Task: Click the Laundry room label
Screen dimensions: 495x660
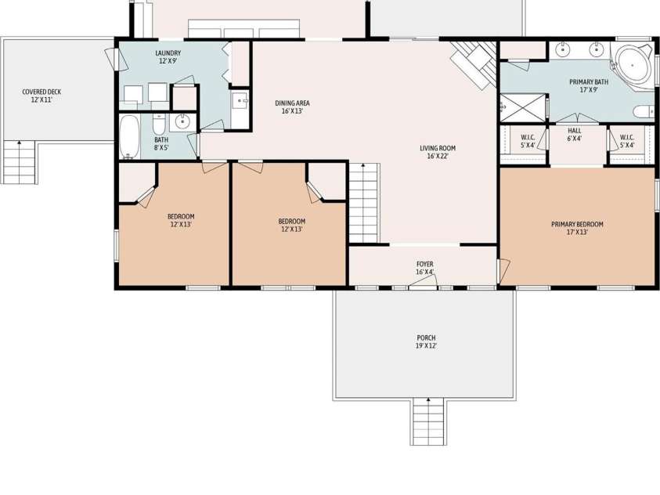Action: click(168, 57)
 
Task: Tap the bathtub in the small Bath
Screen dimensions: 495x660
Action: click(130, 136)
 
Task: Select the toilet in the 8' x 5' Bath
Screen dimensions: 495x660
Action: click(159, 126)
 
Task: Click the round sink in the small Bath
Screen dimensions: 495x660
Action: click(183, 121)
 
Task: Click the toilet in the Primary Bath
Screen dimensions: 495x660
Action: click(644, 111)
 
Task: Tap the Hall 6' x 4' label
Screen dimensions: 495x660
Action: click(574, 135)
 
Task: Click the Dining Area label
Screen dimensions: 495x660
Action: click(292, 107)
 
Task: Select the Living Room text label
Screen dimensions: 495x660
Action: click(437, 152)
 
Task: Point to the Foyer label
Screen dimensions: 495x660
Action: click(425, 268)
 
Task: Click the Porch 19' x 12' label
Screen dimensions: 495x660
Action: click(426, 342)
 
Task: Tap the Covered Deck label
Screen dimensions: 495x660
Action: click(41, 96)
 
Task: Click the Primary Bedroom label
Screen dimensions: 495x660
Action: click(577, 228)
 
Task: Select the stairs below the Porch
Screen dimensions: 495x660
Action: click(427, 421)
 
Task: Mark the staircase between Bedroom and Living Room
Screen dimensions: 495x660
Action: click(363, 204)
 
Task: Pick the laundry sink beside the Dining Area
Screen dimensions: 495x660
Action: click(240, 100)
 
